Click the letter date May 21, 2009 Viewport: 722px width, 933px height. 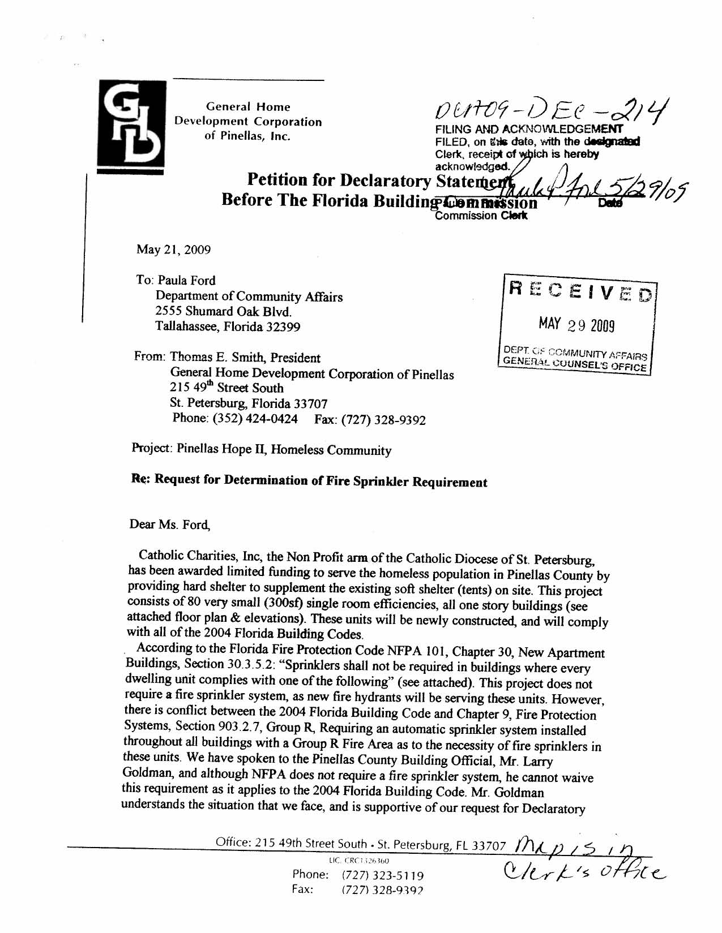pyautogui.click(x=173, y=250)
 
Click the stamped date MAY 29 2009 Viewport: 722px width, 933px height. pyautogui.click(x=576, y=325)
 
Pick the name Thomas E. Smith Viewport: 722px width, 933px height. pyautogui.click(x=217, y=358)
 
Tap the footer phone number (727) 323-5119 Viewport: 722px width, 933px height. pyautogui.click(x=383, y=876)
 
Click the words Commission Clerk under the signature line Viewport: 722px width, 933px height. pyautogui.click(x=481, y=216)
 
